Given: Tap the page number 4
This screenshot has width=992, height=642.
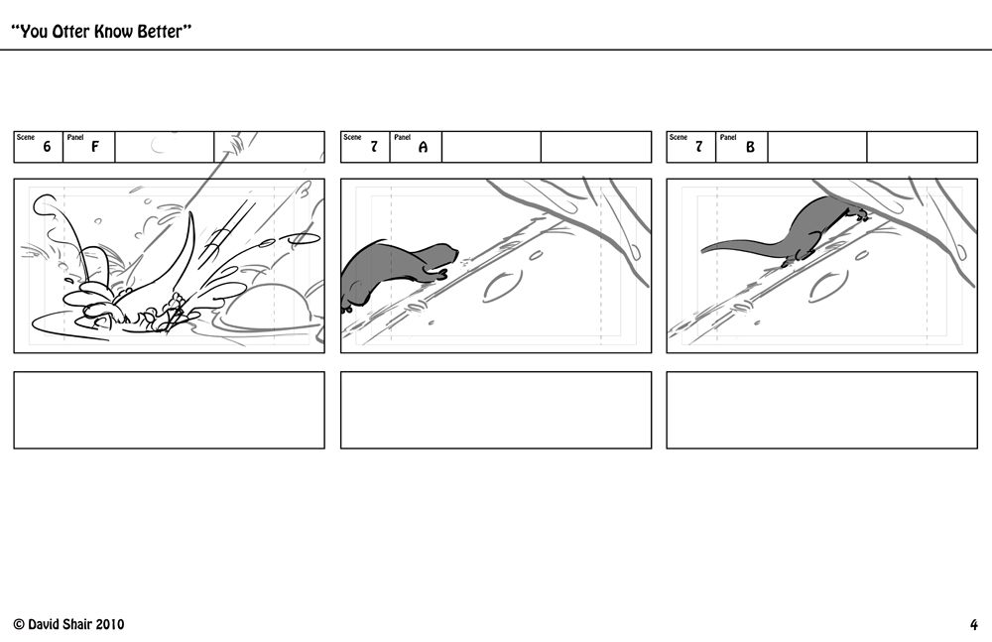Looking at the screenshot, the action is click(x=974, y=625).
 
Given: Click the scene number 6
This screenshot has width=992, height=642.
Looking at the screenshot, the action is click(x=47, y=147).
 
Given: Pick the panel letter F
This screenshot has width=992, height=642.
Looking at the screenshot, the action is click(x=95, y=147).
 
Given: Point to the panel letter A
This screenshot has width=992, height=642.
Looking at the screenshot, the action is click(x=423, y=147).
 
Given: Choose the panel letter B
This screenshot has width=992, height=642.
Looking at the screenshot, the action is click(x=750, y=147).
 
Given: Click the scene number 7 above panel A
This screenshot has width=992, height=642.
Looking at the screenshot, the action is click(x=374, y=147).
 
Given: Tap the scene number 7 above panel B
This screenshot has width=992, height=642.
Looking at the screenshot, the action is click(x=699, y=147).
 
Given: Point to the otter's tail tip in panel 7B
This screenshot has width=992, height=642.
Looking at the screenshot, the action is click(x=704, y=251).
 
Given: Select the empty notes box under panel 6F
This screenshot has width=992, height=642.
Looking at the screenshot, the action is click(x=169, y=410).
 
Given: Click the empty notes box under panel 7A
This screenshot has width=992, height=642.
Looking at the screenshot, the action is click(x=496, y=410).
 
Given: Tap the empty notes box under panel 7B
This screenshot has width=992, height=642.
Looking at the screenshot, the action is click(x=821, y=410).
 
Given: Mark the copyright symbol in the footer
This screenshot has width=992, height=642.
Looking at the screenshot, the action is click(x=19, y=625).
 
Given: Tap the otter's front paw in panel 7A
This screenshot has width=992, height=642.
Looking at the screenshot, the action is click(x=440, y=274).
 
